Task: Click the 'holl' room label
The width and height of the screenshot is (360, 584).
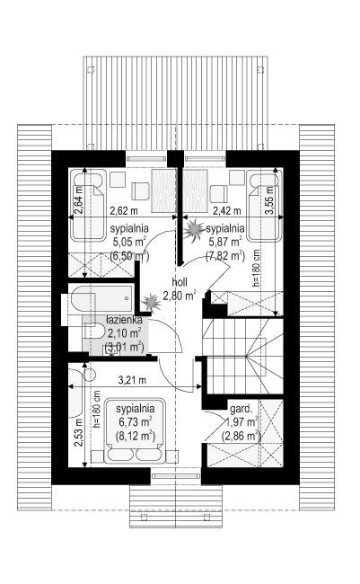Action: point(180,281)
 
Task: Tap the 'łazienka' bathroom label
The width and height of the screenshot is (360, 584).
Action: point(124,320)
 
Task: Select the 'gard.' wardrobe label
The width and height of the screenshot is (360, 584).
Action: point(241,409)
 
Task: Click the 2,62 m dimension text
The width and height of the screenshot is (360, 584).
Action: point(124,211)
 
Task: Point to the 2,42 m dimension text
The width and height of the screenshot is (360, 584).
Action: point(227,211)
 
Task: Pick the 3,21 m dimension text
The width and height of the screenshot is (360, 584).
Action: point(132,380)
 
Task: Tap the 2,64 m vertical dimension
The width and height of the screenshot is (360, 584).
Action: point(78,200)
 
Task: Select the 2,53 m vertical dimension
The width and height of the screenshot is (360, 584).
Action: point(78,432)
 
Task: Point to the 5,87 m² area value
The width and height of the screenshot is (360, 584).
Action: point(224,242)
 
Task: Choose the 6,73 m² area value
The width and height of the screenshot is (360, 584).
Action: point(135,421)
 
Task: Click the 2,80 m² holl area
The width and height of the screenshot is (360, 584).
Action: point(180,296)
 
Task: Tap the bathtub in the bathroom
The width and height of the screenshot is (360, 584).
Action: point(101,298)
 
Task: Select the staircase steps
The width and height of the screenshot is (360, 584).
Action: point(242,356)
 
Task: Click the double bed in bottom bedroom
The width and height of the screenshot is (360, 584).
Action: point(135,431)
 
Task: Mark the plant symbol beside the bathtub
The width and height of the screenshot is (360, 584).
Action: point(151,302)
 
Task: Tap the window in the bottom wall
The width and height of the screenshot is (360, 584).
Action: point(176,476)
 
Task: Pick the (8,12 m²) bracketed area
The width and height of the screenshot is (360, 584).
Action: point(135,436)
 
